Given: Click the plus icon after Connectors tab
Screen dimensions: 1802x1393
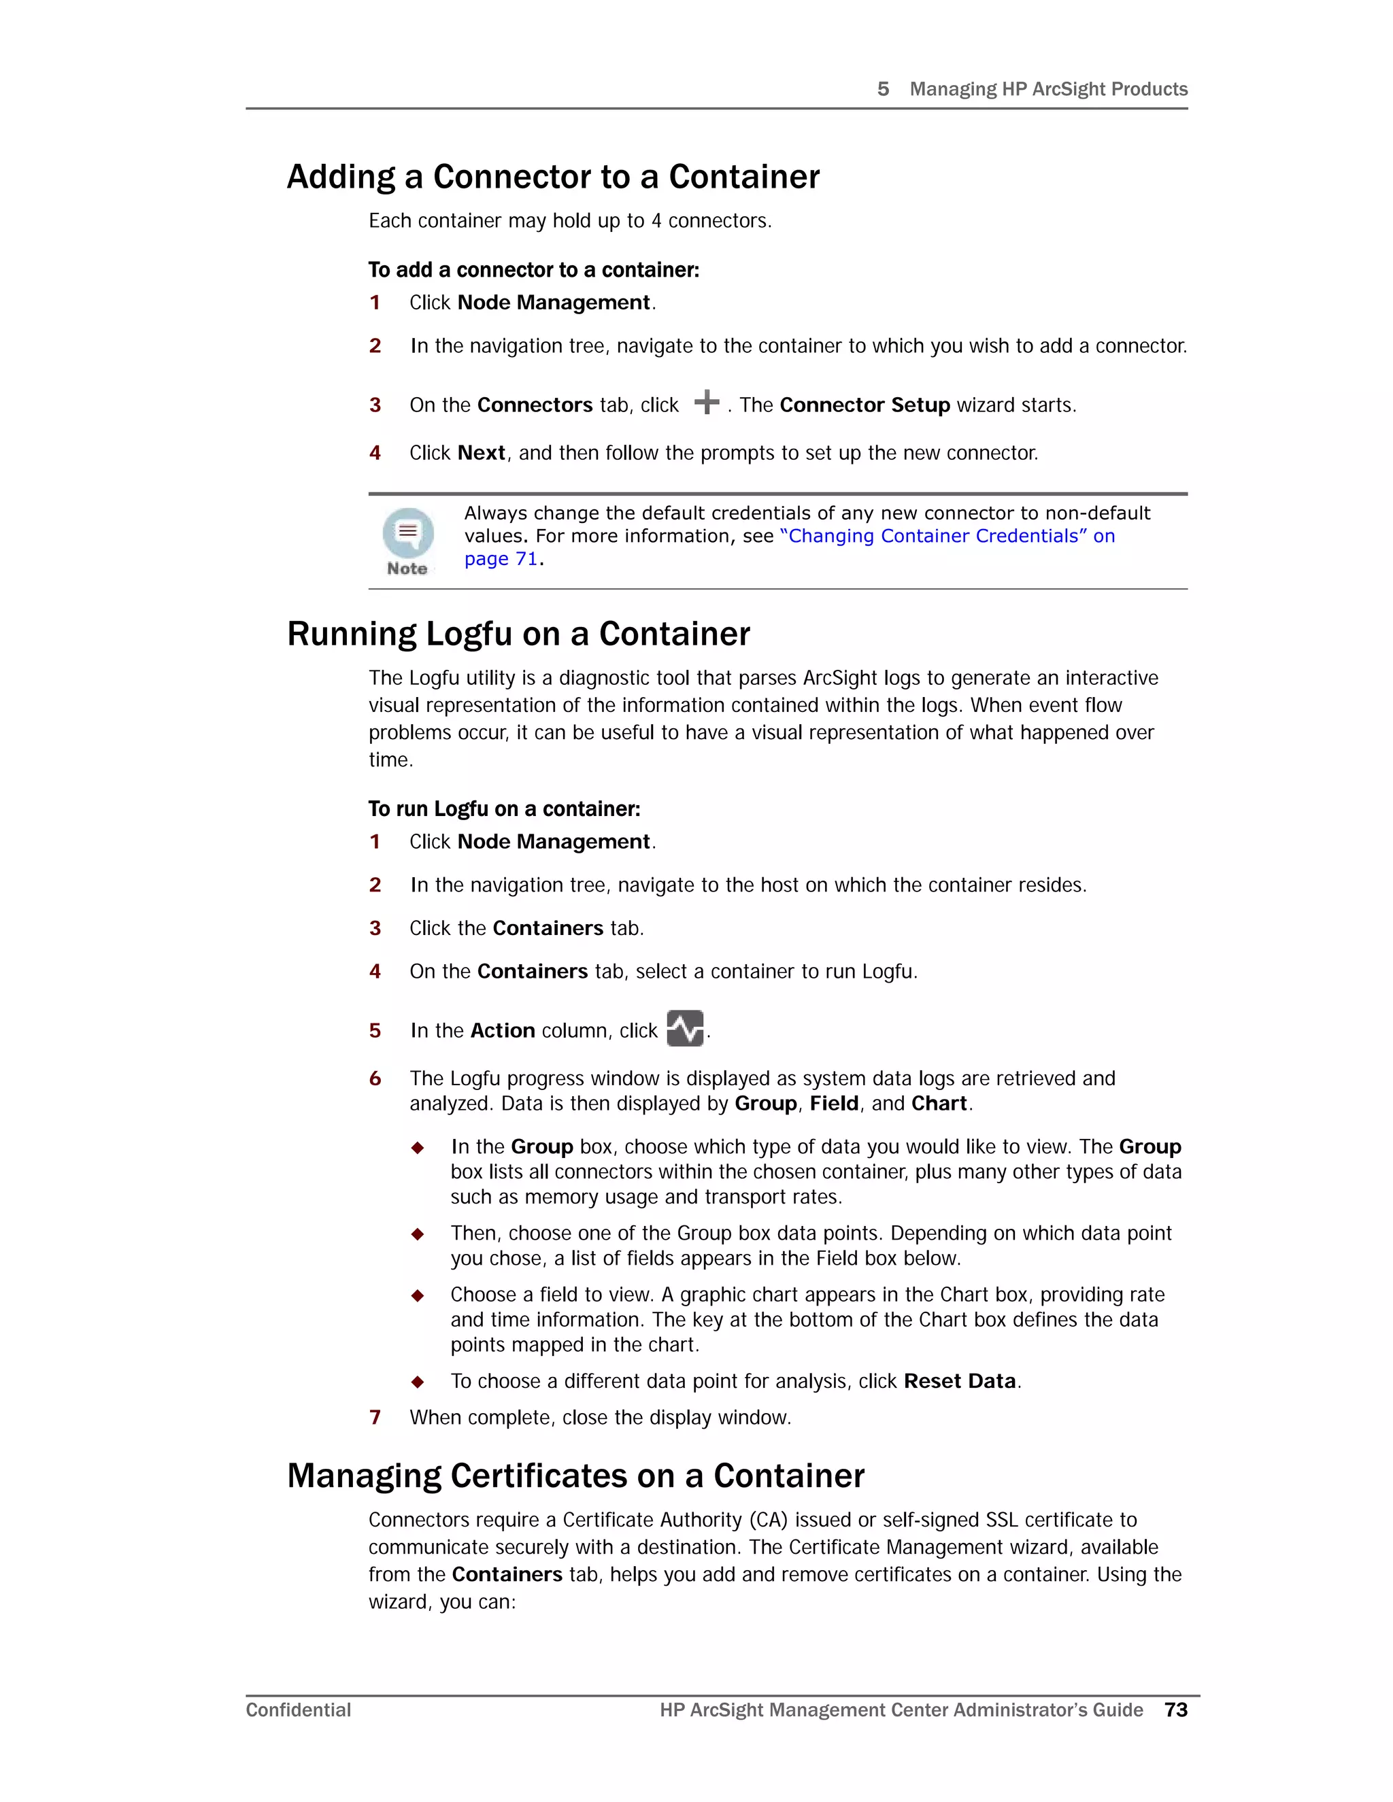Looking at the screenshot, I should tap(707, 403).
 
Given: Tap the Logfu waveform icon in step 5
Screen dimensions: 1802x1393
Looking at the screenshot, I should tap(685, 1028).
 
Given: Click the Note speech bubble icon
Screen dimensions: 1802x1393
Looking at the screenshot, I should tap(407, 532).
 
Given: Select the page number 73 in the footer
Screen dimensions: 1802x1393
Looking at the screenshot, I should tap(1176, 1710).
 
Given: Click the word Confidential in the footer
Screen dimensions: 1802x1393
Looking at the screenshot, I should tap(298, 1710).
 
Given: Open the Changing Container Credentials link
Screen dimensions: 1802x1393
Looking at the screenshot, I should tap(947, 537).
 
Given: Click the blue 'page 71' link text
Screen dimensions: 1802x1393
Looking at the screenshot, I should tap(500, 560).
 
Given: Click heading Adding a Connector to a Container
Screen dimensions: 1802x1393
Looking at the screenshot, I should tap(553, 177).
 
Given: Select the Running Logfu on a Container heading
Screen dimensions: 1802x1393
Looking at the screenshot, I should tap(518, 634).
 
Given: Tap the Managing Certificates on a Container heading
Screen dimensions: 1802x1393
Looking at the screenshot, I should tap(575, 1476).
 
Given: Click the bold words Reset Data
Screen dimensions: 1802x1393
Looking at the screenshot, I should tap(959, 1381).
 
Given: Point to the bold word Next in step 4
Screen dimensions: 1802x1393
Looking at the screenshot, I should tap(481, 453).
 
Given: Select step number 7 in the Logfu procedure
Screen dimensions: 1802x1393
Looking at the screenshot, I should tap(375, 1418).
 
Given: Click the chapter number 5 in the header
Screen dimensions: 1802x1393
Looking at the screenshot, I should tap(883, 89).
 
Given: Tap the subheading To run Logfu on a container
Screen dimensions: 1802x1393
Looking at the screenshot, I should tap(504, 809).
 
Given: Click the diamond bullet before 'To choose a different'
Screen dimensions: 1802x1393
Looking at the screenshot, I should tap(418, 1382).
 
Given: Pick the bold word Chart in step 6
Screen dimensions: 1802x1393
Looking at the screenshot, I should tap(938, 1104).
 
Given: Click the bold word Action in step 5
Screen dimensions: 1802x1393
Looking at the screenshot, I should tap(503, 1030).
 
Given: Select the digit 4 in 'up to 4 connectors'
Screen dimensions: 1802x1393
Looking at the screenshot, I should tap(656, 221).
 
